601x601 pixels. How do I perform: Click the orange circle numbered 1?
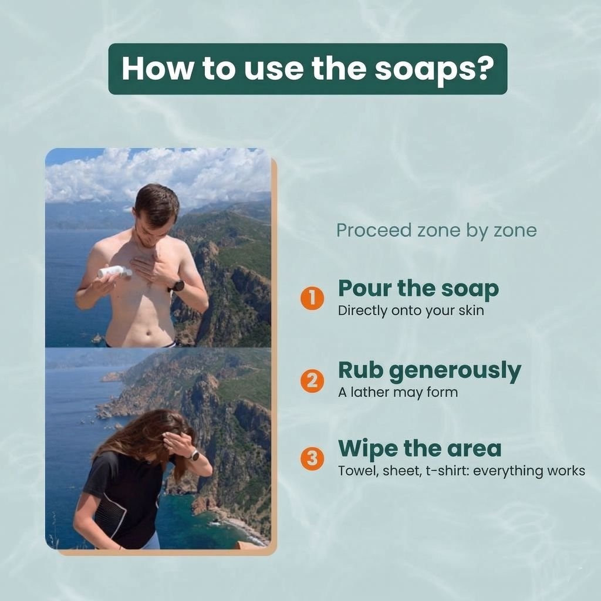pyautogui.click(x=312, y=298)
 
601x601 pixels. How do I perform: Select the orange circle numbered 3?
pyautogui.click(x=312, y=458)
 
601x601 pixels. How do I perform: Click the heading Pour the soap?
pyautogui.click(x=418, y=289)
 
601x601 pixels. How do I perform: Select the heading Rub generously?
pyautogui.click(x=429, y=371)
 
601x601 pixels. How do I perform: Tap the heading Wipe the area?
pyautogui.click(x=419, y=449)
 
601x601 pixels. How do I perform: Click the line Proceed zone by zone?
pyautogui.click(x=436, y=231)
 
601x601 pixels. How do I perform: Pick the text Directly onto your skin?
pyautogui.click(x=410, y=310)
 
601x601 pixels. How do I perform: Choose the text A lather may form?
pyautogui.click(x=397, y=392)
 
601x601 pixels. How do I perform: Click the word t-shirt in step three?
pyautogui.click(x=446, y=471)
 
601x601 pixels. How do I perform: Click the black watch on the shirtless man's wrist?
pyautogui.click(x=177, y=286)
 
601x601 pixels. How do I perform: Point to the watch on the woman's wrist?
pyautogui.click(x=194, y=455)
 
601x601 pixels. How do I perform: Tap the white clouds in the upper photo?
pyautogui.click(x=157, y=174)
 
